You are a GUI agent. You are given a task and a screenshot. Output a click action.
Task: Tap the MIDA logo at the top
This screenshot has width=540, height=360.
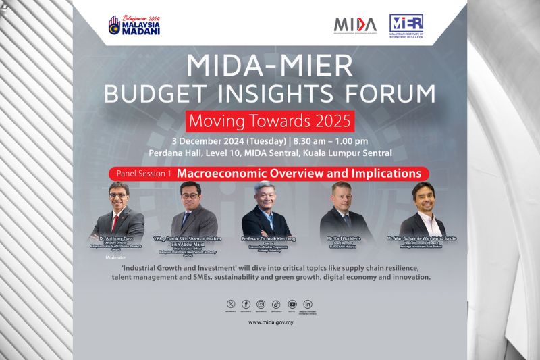(355, 25)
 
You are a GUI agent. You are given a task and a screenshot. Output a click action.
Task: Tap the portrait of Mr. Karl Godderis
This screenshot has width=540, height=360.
(345, 211)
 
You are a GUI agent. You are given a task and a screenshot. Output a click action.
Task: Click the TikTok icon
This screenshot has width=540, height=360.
(277, 305)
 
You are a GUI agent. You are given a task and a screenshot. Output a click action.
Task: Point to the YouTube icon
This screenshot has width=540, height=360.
(292, 305)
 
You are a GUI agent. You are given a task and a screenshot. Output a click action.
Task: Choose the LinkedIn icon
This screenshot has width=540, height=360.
(308, 305)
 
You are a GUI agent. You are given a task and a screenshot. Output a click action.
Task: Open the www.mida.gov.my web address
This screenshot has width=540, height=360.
(269, 323)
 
